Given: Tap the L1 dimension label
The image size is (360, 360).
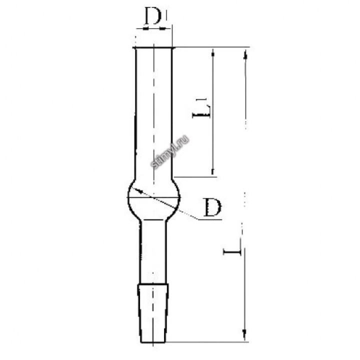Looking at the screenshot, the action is coord(201,108).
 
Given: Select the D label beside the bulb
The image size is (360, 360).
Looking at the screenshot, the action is coord(213,207).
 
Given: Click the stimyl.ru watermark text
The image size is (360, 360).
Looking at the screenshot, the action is coord(170,152).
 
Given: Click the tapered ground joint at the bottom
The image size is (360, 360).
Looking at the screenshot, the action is coord(153,313).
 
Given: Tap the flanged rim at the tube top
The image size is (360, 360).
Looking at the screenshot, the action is coord(154,48).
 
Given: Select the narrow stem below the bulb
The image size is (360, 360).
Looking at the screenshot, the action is coord(153,252).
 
